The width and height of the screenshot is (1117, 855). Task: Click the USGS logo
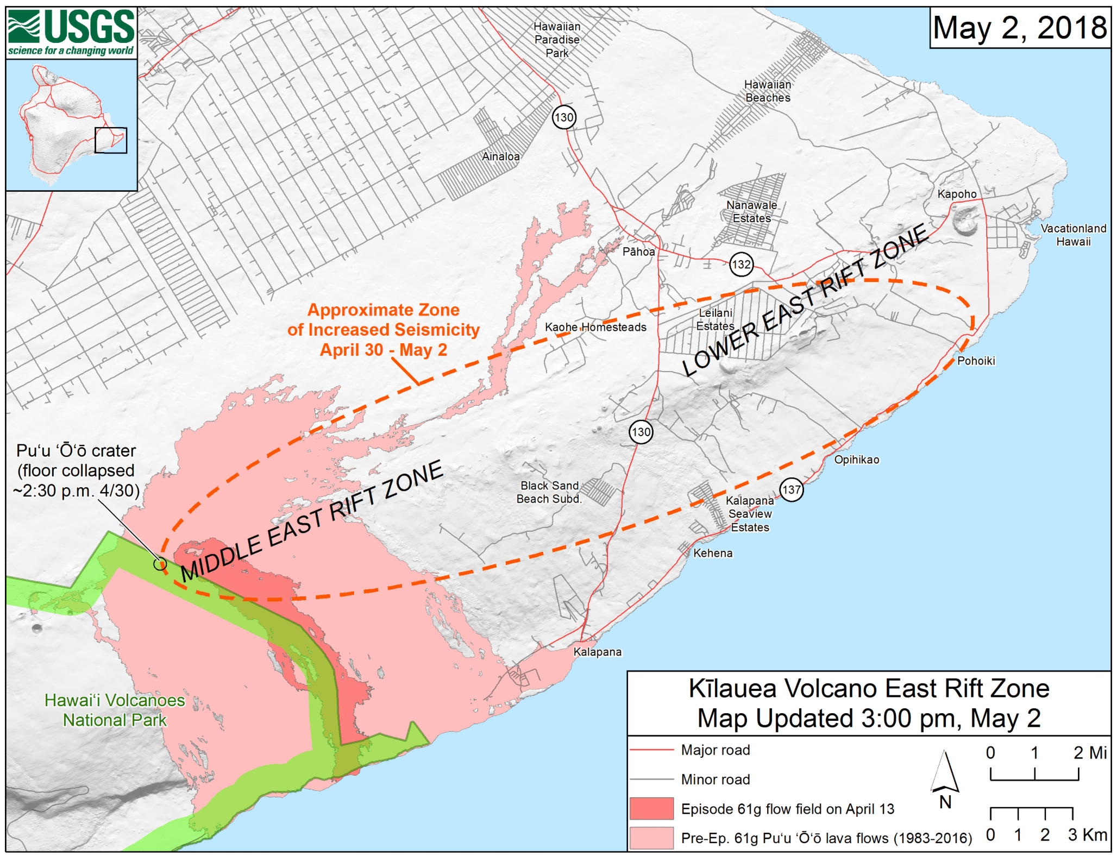(71, 33)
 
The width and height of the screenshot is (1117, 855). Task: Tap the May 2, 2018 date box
(1020, 28)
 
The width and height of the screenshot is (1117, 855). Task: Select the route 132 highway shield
(741, 265)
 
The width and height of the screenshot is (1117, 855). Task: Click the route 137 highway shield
(791, 489)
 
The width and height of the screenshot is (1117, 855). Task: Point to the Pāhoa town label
(638, 252)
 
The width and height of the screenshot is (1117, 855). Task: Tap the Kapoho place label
(957, 194)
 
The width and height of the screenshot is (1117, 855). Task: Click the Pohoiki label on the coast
(976, 361)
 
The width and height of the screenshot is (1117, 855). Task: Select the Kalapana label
(597, 652)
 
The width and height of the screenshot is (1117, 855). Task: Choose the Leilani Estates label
(716, 319)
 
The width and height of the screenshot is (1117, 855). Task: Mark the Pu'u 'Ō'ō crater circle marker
(160, 564)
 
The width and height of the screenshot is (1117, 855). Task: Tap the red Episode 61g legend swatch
(651, 808)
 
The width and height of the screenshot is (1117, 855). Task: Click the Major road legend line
(651, 750)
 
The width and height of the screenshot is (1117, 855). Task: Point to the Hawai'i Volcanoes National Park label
(115, 710)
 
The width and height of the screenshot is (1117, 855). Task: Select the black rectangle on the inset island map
(111, 140)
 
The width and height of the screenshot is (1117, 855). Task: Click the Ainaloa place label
(500, 156)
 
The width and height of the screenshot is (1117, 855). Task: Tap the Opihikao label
(856, 460)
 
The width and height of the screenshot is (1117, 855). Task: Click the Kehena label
(713, 553)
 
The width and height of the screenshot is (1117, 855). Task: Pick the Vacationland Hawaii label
(1073, 235)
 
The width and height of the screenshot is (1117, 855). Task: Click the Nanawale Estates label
(751, 212)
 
